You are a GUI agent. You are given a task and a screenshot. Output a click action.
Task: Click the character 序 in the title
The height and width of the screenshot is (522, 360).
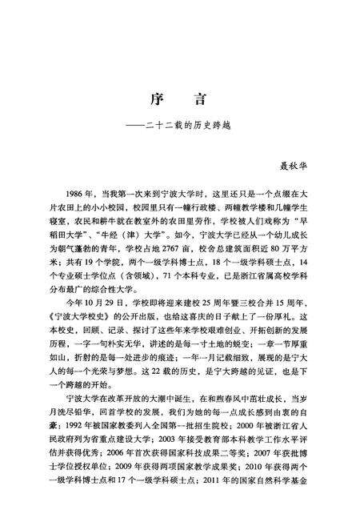click(158, 100)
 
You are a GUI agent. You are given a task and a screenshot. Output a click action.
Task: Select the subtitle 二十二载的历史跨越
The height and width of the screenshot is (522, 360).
click(185, 126)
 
